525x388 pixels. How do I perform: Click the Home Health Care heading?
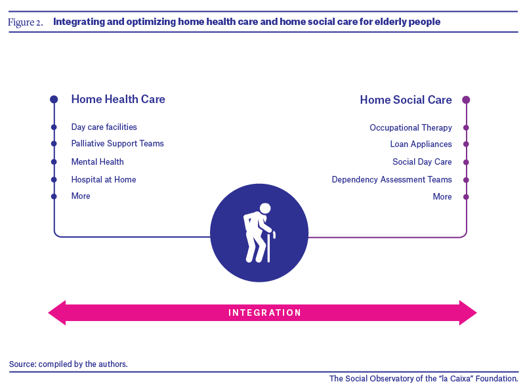pos(118,99)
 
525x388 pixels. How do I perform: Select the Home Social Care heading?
pos(406,100)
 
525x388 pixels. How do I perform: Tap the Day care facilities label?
pos(104,127)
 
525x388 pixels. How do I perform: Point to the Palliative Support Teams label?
pos(117,143)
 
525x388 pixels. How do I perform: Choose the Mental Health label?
pos(97,162)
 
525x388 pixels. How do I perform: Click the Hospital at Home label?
pos(104,180)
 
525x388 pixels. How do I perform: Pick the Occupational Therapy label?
pos(411,127)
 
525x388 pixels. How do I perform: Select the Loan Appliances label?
pos(421,144)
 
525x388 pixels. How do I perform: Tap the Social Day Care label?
pos(422,162)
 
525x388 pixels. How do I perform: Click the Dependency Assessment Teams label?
pos(392,180)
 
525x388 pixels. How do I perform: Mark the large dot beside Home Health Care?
pos(54,99)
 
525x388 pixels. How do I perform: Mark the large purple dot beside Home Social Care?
pos(466,100)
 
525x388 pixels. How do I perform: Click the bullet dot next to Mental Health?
pos(54,162)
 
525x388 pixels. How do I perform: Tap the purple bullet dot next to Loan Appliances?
pos(466,144)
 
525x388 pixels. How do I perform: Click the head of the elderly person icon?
pos(265,208)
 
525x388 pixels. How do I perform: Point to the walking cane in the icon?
pos(269,247)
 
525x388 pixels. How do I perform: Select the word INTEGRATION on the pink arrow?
pos(264,313)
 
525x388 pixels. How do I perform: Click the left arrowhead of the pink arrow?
pos(57,313)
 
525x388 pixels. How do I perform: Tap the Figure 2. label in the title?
pos(26,22)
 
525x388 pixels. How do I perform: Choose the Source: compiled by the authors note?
pos(68,364)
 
